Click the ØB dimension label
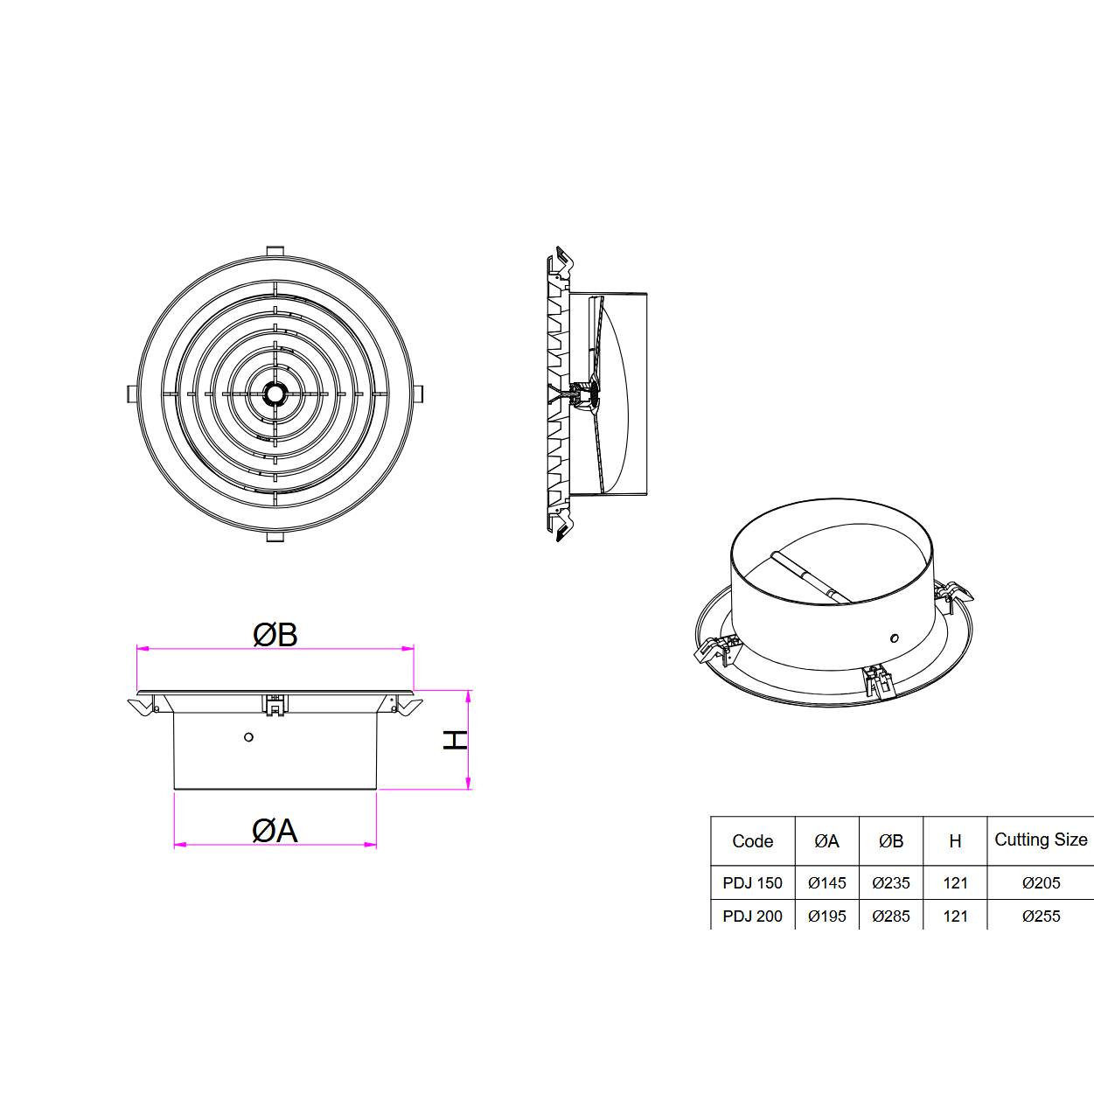(275, 634)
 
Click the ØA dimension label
(275, 830)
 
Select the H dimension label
(455, 740)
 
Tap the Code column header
(752, 841)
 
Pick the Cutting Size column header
(1041, 840)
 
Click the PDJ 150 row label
(752, 883)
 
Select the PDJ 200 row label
(752, 916)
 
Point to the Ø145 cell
(827, 883)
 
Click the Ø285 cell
(891, 916)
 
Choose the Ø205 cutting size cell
(1041, 883)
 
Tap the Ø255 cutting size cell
(1041, 916)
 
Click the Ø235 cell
(891, 883)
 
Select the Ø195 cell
(827, 916)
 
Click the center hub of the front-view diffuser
(275, 394)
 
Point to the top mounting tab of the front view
(275, 252)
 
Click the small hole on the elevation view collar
(248, 737)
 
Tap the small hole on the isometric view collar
(894, 638)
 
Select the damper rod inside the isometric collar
(809, 577)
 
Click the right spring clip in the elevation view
(406, 705)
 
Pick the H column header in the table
(955, 841)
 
